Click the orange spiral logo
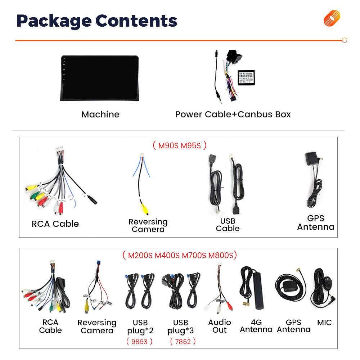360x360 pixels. point(332,18)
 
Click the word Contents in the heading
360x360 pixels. point(136,21)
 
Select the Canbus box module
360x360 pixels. point(248,77)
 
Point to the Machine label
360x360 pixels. point(100,114)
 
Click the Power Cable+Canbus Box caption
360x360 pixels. point(233,114)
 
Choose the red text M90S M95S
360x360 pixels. point(179,145)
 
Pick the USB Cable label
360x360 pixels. point(228,225)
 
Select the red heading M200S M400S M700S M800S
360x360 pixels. point(179,256)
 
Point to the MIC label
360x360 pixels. point(324,323)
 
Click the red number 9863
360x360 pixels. point(139,341)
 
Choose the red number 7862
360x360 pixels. point(183,341)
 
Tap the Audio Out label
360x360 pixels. point(219,326)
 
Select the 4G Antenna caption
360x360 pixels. point(256,326)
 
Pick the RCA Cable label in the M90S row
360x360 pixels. point(55,224)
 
